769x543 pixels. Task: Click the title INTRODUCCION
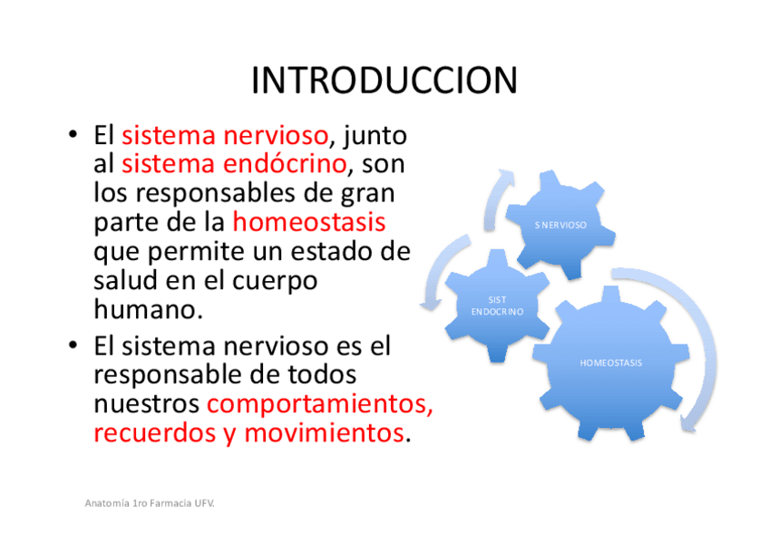click(x=384, y=81)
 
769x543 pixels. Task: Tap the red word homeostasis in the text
click(x=309, y=221)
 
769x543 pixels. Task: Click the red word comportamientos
click(x=320, y=403)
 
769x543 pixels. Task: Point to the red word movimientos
click(x=324, y=432)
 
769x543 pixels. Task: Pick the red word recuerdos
click(x=154, y=432)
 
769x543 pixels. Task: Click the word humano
click(x=148, y=309)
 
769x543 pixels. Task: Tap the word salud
click(x=125, y=280)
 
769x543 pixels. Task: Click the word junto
click(x=375, y=136)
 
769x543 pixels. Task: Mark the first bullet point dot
click(x=73, y=134)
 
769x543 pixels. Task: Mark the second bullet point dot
click(x=73, y=345)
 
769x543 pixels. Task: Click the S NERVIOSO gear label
click(x=560, y=225)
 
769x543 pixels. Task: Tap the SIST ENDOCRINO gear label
click(x=497, y=305)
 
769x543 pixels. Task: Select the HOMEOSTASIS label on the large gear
click(x=610, y=363)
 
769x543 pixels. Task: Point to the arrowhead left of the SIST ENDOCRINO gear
click(x=431, y=304)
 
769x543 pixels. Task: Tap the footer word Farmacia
click(x=170, y=503)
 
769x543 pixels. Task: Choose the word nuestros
click(x=146, y=404)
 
